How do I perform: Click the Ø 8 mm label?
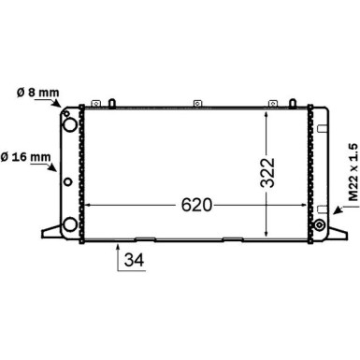pos(37,93)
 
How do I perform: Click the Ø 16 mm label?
pos(25,157)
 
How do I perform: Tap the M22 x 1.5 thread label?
pos(353,172)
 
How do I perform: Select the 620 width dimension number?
pos(196,205)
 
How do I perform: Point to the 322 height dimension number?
pos(267,173)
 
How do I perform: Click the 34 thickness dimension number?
pos(134,260)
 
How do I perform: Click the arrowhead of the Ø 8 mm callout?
pos(57,103)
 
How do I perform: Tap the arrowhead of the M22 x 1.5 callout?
pos(337,210)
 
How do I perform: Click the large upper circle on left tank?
pos(69,124)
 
